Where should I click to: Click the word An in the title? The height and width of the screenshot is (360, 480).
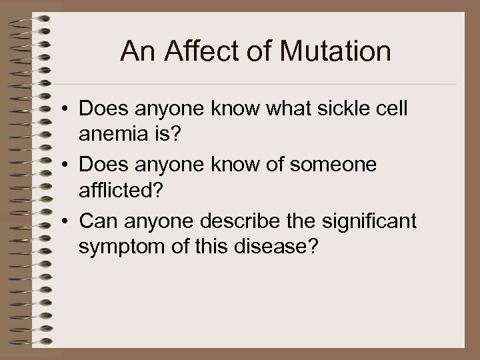tap(133, 51)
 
